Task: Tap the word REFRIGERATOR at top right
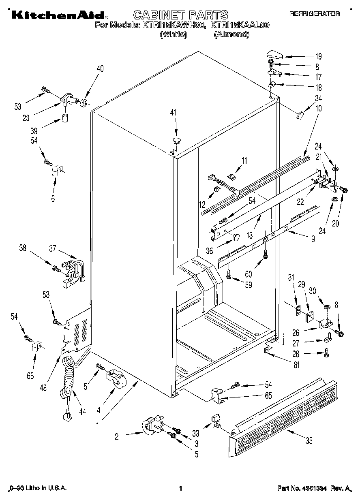click(314, 14)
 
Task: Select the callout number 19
click(319, 57)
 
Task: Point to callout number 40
click(100, 69)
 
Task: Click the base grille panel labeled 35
click(284, 409)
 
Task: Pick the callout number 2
click(117, 436)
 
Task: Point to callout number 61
click(297, 365)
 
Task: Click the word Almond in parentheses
click(231, 34)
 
